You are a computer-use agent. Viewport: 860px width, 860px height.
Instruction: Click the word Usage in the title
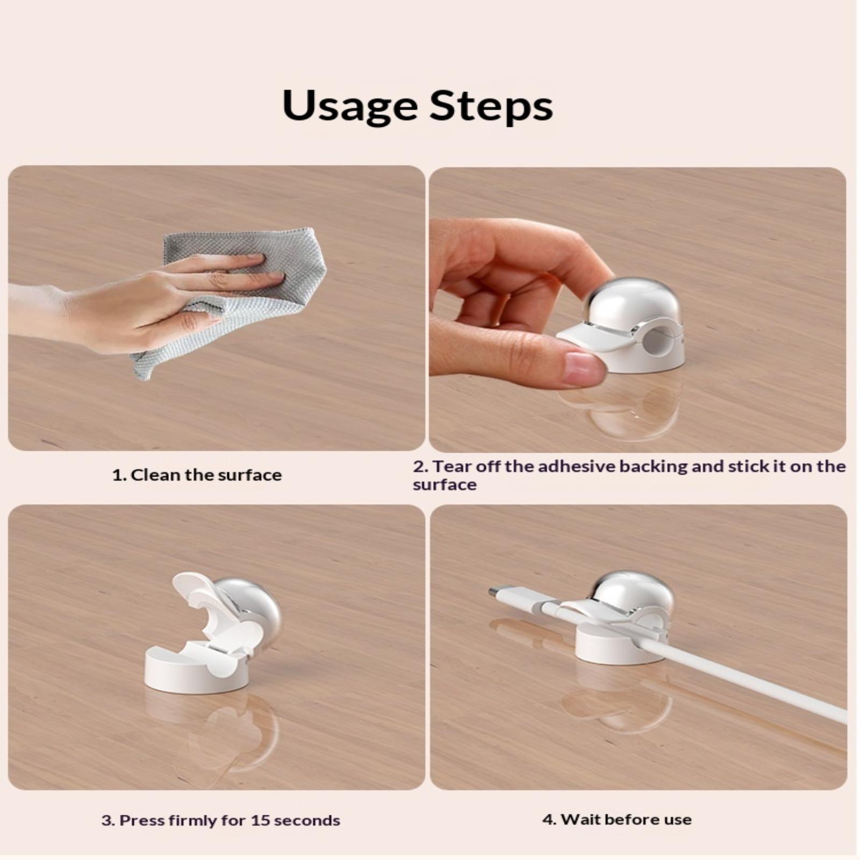pyautogui.click(x=350, y=106)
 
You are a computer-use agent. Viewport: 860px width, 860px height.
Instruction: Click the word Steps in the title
pyautogui.click(x=491, y=106)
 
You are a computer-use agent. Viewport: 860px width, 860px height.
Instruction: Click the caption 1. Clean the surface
pyautogui.click(x=197, y=475)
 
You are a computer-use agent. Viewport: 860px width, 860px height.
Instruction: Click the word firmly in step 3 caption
pyautogui.click(x=191, y=821)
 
